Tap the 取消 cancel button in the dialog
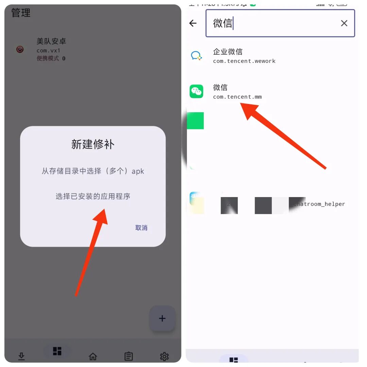click(141, 228)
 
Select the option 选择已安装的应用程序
click(93, 196)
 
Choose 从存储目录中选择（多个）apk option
click(93, 171)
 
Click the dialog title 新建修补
click(93, 144)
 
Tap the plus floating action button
click(162, 318)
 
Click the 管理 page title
click(21, 13)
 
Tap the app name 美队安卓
click(51, 41)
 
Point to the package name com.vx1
click(48, 51)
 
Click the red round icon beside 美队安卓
click(20, 49)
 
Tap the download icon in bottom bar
click(21, 356)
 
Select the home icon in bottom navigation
click(93, 356)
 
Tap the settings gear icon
click(164, 356)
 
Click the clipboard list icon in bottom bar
click(128, 356)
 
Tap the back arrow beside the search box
click(193, 23)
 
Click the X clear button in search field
click(344, 23)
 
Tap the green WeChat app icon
click(196, 91)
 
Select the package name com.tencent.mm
click(237, 97)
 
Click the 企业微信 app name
click(228, 52)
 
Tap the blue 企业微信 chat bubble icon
click(196, 56)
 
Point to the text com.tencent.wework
click(244, 61)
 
